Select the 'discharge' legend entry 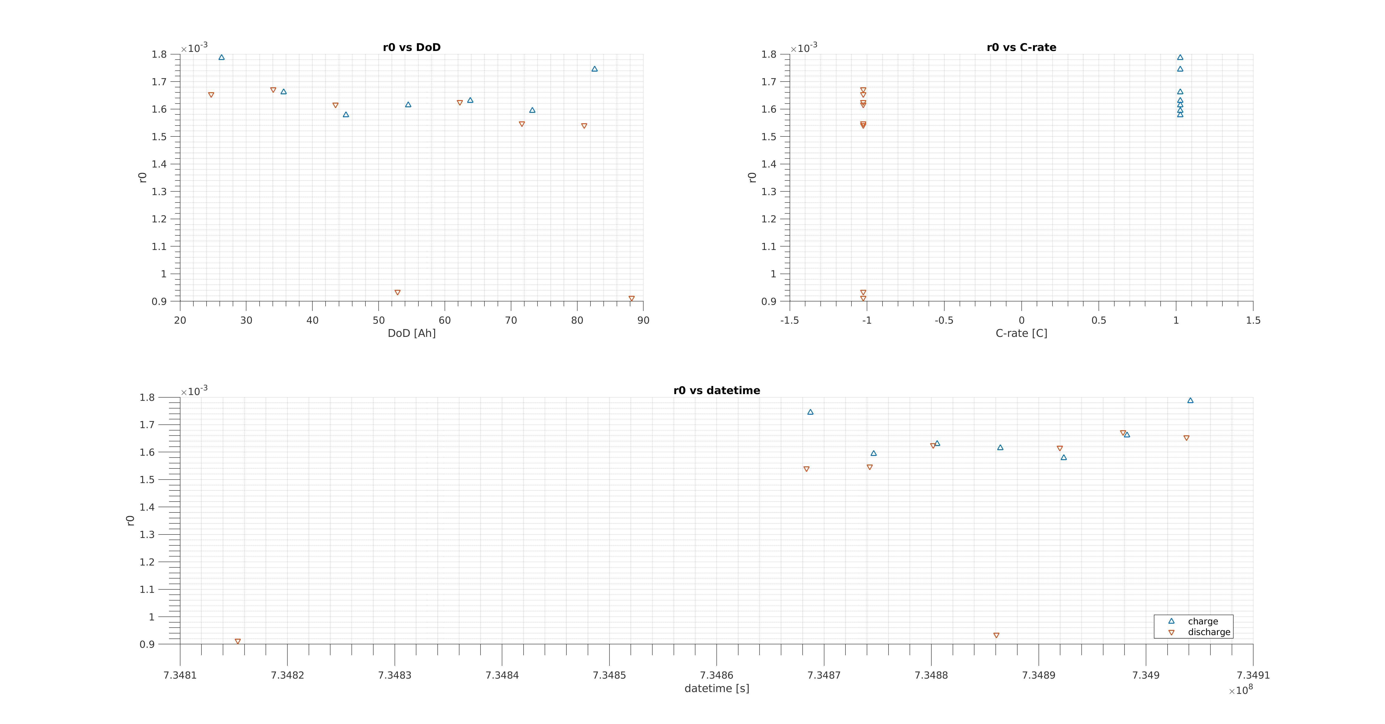tap(1209, 632)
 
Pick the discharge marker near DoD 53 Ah tap(397, 293)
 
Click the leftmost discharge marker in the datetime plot tap(238, 641)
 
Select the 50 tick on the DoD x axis tap(379, 321)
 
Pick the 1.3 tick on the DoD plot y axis tap(159, 192)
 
